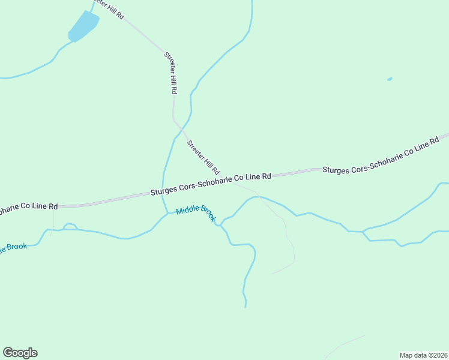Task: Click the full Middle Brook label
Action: (196, 214)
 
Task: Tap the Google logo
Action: (20, 353)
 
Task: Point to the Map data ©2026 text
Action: (423, 355)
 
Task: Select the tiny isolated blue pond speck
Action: (390, 79)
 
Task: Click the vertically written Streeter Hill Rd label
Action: (171, 73)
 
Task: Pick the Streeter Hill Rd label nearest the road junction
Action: (203, 157)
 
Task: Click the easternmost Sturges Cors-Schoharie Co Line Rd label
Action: (381, 158)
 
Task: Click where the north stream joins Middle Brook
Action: (167, 214)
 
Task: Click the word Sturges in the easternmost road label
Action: (338, 170)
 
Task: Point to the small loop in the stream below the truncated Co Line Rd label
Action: (70, 226)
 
